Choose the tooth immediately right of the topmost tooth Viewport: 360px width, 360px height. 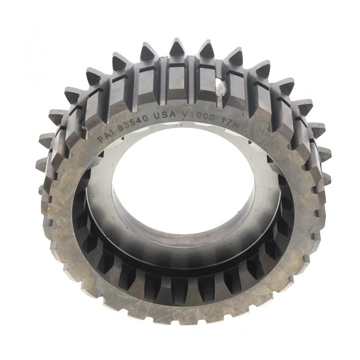point(206,46)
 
